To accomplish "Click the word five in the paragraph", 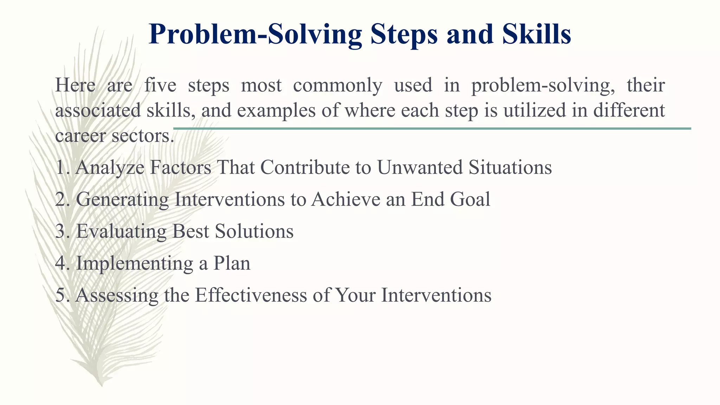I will [160, 85].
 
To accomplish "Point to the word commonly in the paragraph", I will [337, 85].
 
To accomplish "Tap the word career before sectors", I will [81, 136].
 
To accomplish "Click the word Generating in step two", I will [122, 199].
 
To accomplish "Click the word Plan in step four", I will [232, 263].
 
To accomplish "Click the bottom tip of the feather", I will [102, 385].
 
